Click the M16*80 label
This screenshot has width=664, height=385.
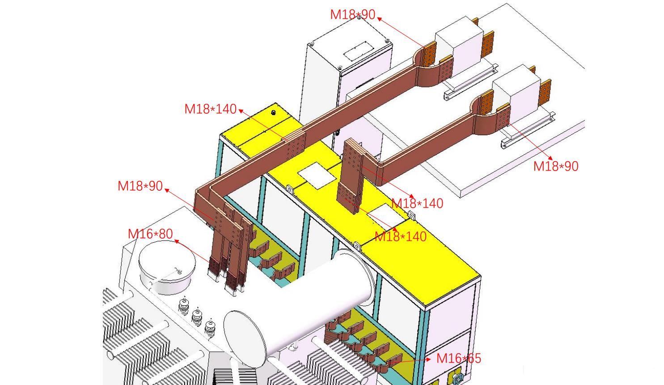(150, 234)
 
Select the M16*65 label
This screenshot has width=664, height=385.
(458, 359)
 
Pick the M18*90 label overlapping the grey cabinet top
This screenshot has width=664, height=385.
(352, 15)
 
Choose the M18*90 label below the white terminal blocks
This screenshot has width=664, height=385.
(555, 167)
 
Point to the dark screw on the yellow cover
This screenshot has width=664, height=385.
(274, 113)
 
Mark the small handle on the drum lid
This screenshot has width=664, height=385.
(178, 270)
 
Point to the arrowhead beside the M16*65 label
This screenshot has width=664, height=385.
(428, 359)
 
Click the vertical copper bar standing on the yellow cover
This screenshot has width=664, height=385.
(351, 175)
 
